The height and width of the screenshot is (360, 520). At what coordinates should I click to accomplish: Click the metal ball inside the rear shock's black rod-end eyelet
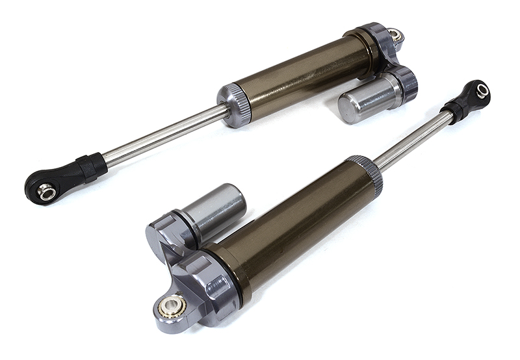coord(45,191)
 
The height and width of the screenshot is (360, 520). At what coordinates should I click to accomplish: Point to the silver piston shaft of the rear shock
coord(162,136)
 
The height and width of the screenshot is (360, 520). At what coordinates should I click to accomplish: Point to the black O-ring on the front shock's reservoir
coord(183,220)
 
